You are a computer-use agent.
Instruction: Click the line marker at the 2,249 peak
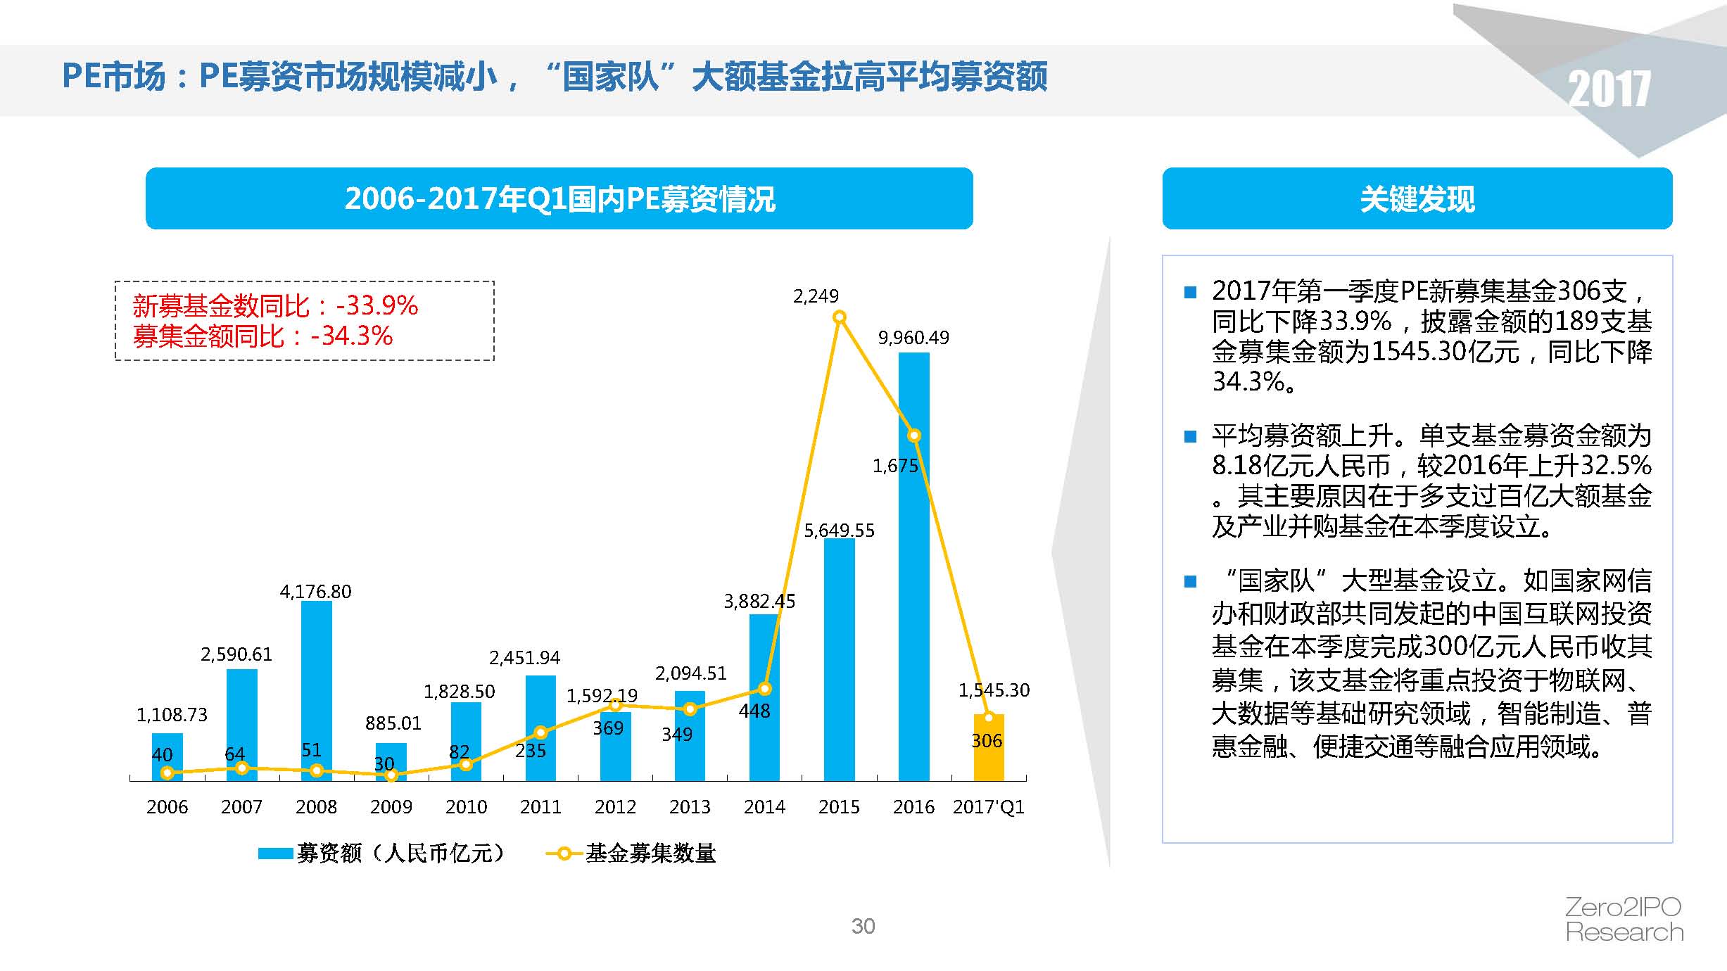(x=839, y=317)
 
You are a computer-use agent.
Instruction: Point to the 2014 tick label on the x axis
(x=764, y=806)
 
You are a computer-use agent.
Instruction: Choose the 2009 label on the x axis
(x=391, y=806)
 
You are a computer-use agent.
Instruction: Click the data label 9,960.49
(x=913, y=338)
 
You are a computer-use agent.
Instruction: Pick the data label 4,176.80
(x=315, y=592)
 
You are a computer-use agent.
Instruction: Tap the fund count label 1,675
(x=895, y=466)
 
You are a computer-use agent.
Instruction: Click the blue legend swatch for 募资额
(x=275, y=853)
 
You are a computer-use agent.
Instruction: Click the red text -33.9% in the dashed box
(x=377, y=305)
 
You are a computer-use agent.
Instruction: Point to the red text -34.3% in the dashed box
(x=352, y=336)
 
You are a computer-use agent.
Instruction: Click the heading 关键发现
(x=1417, y=199)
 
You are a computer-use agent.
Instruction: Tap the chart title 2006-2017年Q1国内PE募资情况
(x=559, y=199)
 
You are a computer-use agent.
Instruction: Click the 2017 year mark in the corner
(x=1609, y=90)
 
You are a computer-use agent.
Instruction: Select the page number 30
(x=863, y=926)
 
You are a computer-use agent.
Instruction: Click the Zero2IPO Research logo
(x=1624, y=920)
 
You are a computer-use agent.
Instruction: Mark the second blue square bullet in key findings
(x=1190, y=437)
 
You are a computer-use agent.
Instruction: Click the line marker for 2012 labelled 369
(x=614, y=704)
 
